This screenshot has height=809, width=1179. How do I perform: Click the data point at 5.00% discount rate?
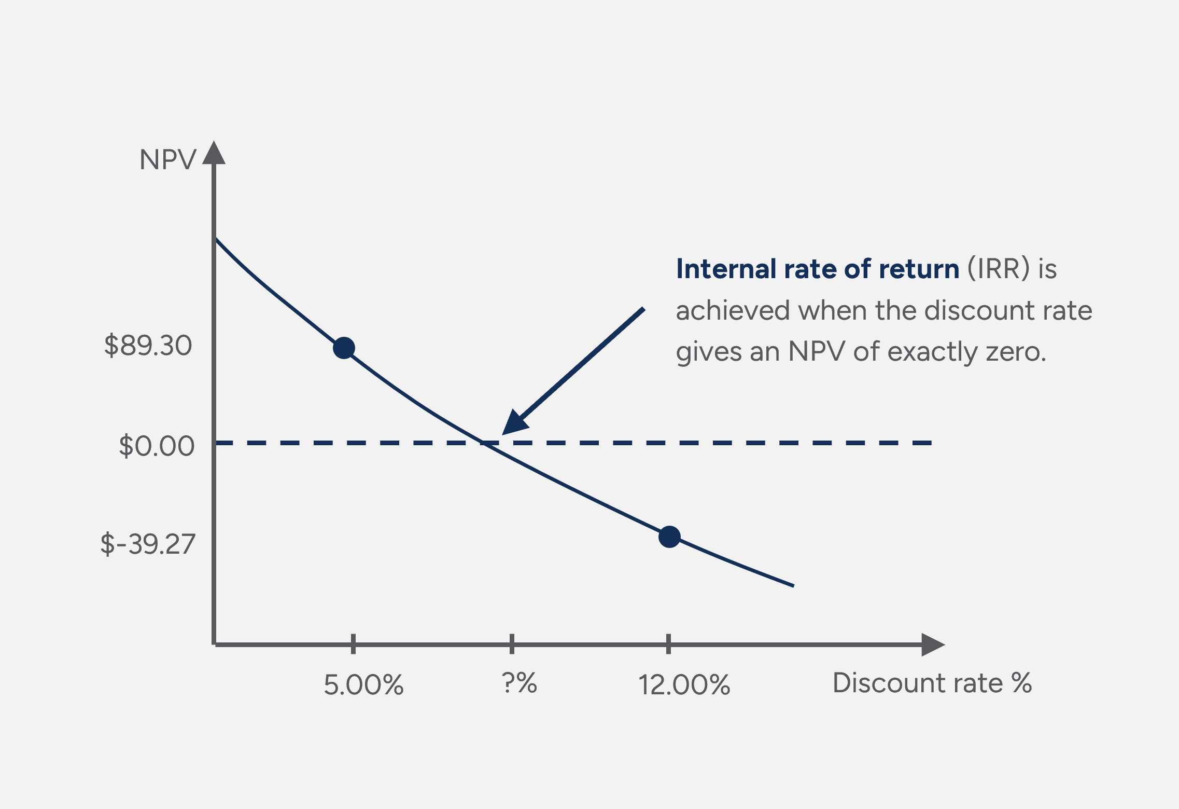pyautogui.click(x=344, y=348)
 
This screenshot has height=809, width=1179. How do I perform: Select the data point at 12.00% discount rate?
pyautogui.click(x=669, y=537)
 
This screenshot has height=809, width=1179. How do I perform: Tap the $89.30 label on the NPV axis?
pyautogui.click(x=148, y=346)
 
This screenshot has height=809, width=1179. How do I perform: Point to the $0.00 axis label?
pyautogui.click(x=157, y=446)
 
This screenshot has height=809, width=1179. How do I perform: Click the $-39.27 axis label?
pyautogui.click(x=148, y=544)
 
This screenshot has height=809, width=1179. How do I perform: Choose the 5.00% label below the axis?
pyautogui.click(x=363, y=684)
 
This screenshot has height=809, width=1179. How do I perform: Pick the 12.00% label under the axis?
pyautogui.click(x=684, y=684)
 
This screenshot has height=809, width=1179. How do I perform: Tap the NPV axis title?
pyautogui.click(x=167, y=159)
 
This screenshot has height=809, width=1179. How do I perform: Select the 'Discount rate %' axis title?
pyautogui.click(x=932, y=683)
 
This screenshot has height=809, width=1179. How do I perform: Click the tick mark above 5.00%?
pyautogui.click(x=353, y=643)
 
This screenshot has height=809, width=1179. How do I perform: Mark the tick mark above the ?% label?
pyautogui.click(x=512, y=643)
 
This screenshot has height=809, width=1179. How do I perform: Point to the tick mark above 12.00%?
pyautogui.click(x=668, y=643)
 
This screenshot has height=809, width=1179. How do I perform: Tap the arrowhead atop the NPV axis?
pyautogui.click(x=214, y=153)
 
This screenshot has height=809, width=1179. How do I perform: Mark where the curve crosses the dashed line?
pyautogui.click(x=483, y=443)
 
